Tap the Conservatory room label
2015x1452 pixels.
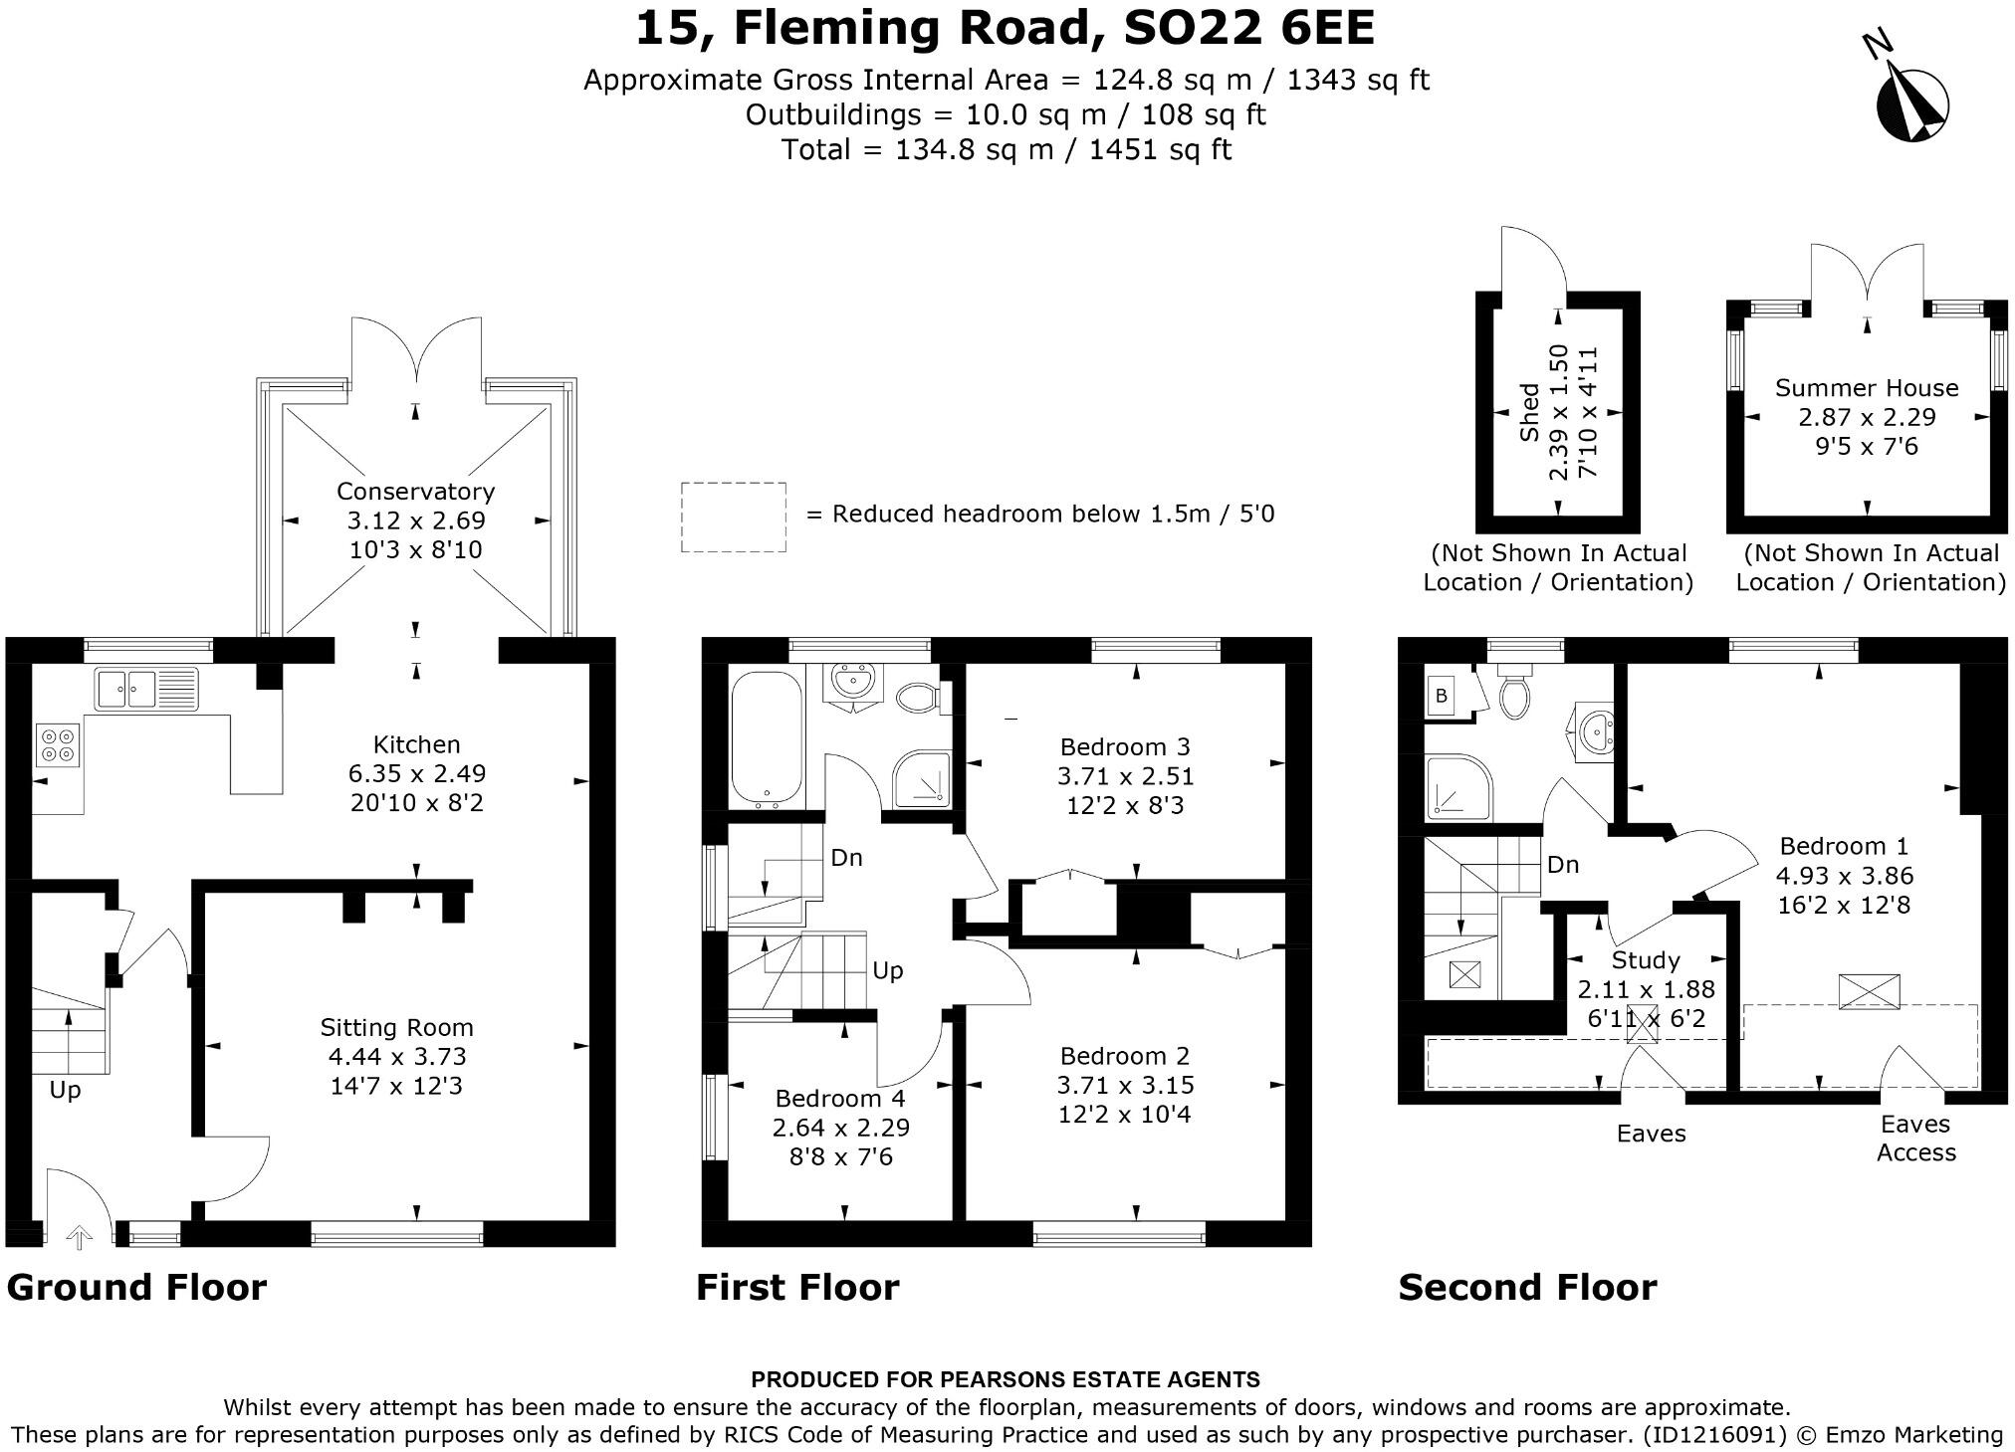point(415,491)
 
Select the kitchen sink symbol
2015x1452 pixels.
point(146,689)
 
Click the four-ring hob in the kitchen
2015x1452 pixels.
point(58,744)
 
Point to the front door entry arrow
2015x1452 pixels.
point(79,1237)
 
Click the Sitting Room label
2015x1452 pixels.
point(396,1027)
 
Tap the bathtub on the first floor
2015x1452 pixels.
point(767,739)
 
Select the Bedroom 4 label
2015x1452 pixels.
point(840,1098)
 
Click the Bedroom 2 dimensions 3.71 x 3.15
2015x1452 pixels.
point(1126,1085)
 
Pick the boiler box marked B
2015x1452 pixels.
point(1441,697)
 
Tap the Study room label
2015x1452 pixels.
point(1646,960)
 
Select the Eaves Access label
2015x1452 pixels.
point(1915,1138)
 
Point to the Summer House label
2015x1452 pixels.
point(1867,388)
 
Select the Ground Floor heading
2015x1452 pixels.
point(136,1287)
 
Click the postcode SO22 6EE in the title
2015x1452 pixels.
point(1249,28)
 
